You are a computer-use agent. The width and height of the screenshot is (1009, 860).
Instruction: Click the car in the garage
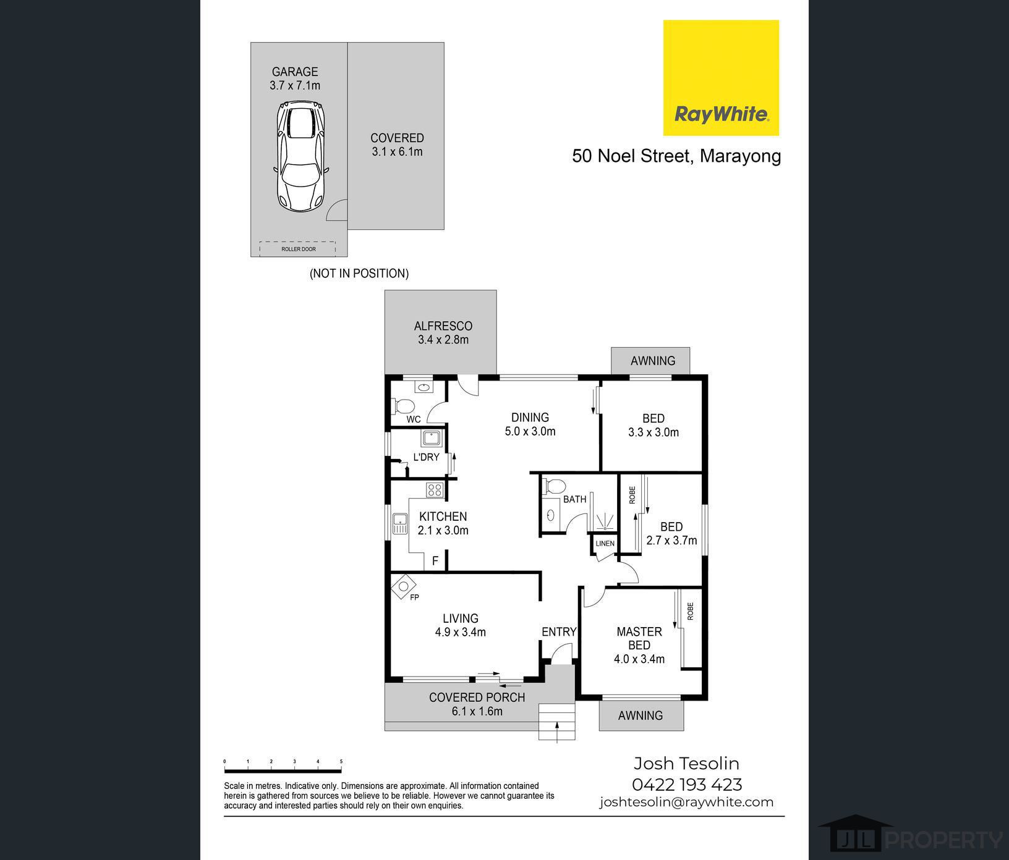tap(301, 156)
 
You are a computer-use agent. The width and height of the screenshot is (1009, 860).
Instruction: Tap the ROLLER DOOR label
tap(299, 249)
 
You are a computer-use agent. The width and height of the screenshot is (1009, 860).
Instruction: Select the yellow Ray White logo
tap(721, 78)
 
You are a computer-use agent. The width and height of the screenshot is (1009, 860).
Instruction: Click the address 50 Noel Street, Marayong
tap(676, 156)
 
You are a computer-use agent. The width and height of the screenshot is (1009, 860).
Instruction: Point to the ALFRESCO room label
tap(443, 326)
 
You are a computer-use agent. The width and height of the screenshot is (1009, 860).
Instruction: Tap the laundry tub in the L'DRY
tap(431, 439)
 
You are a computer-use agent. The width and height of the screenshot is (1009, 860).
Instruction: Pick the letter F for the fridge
tap(435, 561)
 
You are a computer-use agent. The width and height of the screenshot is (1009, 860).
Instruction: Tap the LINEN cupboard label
tap(605, 544)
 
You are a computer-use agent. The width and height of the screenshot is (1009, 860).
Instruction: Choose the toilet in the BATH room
tap(553, 486)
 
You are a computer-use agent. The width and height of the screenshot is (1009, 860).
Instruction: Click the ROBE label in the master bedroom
tap(690, 612)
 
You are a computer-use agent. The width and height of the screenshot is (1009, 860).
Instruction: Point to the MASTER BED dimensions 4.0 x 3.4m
tap(639, 659)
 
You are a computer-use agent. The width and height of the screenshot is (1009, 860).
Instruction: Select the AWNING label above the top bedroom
tap(653, 361)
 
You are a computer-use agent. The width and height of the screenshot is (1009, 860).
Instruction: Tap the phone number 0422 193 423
tap(687, 785)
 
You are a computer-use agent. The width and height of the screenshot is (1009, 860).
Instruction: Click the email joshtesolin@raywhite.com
tap(686, 802)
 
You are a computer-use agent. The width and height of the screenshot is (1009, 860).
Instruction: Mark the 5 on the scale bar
tap(341, 762)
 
